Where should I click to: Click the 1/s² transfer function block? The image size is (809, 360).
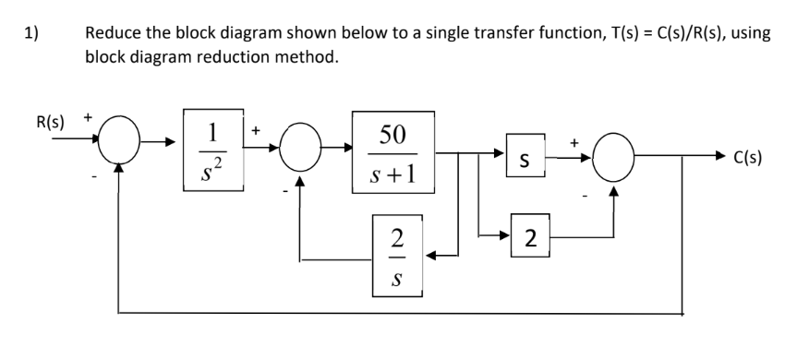pos(213,150)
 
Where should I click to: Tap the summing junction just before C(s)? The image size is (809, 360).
pos(616,159)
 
